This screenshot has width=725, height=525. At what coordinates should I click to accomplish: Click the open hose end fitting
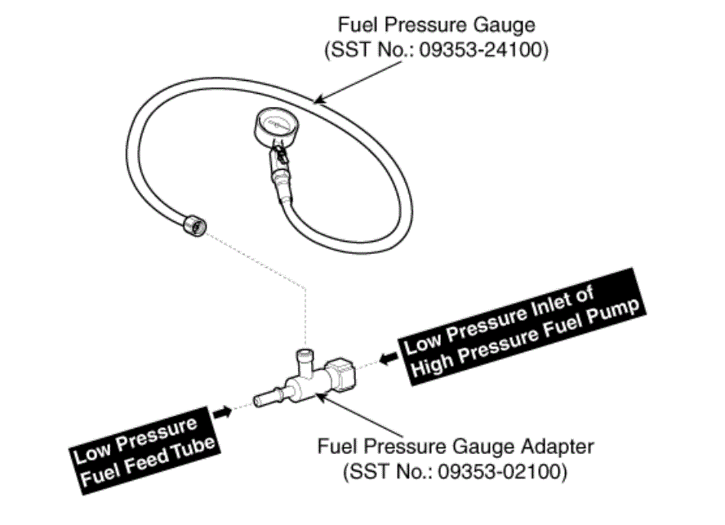coord(194,225)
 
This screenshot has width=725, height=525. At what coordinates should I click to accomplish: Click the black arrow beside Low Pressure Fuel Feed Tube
coord(223,412)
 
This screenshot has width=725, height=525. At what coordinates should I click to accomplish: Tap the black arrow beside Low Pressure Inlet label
coord(388,358)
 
